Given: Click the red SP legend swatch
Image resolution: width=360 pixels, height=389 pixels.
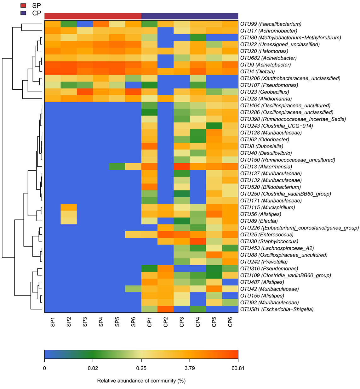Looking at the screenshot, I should pyautogui.click(x=23, y=6).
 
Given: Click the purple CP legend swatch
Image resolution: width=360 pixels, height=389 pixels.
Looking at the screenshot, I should pyautogui.click(x=23, y=13).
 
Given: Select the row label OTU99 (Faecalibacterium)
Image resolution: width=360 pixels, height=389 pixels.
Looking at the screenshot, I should pyautogui.click(x=271, y=24).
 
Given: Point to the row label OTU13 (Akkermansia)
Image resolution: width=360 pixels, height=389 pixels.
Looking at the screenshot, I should pyautogui.click(x=266, y=167).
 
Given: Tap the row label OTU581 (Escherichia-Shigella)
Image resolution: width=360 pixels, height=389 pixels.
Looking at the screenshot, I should pyautogui.click(x=277, y=309).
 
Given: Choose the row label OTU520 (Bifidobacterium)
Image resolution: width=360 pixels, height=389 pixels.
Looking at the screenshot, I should pyautogui.click(x=270, y=187).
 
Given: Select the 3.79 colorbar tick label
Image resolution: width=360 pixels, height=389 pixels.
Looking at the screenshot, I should pyautogui.click(x=190, y=368).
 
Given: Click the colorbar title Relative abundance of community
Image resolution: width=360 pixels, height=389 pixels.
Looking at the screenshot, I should pyautogui.click(x=141, y=381).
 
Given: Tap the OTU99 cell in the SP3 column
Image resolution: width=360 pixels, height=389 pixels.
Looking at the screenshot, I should pyautogui.click(x=85, y=24).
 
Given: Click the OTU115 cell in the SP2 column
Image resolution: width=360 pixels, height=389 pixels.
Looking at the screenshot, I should pyautogui.click(x=69, y=207).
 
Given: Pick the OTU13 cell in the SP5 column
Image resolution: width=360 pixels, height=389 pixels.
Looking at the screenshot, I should pyautogui.click(x=117, y=167).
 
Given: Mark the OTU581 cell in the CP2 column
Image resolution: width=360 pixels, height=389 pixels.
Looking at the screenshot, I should pyautogui.click(x=166, y=309).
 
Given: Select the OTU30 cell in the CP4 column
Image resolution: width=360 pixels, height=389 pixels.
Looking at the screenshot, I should pyautogui.click(x=198, y=241).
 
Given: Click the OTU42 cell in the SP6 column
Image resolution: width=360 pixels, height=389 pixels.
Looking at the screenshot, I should pyautogui.click(x=133, y=289).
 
